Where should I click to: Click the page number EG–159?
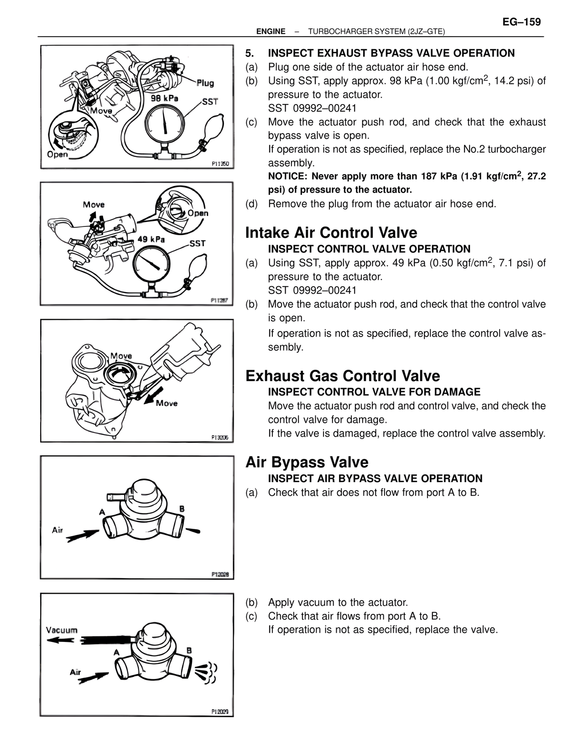[521, 22]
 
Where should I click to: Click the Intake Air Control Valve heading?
[331, 233]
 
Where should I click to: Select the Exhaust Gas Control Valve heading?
[342, 376]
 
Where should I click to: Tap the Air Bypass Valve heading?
[307, 462]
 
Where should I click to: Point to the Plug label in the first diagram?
[205, 83]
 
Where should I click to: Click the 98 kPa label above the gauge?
[164, 98]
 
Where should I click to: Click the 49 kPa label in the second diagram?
[151, 239]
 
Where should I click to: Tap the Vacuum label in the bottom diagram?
[62, 630]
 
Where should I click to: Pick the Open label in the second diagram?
[198, 213]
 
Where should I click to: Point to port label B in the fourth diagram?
[182, 509]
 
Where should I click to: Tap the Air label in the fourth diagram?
[57, 530]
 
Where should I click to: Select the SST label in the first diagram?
[210, 101]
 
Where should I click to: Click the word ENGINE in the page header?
[271, 31]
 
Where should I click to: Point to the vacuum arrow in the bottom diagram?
[59, 640]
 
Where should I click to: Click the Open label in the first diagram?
[57, 154]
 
